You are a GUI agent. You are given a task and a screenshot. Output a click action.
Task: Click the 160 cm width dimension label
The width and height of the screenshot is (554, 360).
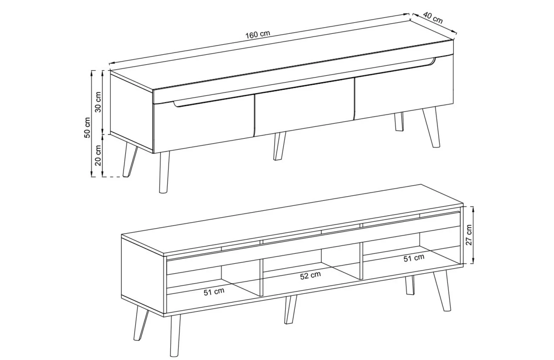[x=257, y=34]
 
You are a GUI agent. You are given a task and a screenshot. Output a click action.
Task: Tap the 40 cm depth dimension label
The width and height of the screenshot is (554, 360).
[x=433, y=17]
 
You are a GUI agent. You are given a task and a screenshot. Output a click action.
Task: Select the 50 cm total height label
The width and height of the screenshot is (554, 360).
[x=87, y=128]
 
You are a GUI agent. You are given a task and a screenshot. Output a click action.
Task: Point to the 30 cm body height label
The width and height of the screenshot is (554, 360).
[x=98, y=102]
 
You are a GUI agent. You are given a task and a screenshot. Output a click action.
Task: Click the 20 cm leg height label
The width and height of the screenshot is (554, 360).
[x=98, y=155]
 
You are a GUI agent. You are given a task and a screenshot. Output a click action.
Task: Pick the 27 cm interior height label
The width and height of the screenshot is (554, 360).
[x=469, y=235]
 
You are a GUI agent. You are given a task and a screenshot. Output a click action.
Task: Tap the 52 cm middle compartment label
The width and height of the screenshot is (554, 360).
[x=310, y=275]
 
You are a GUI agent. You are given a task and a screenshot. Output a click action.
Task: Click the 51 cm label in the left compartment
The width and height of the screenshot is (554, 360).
[x=214, y=292]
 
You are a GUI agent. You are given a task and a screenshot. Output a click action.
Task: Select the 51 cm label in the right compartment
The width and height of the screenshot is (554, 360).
[x=414, y=258]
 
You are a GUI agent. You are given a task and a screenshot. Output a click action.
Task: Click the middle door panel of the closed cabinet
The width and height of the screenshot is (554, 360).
[x=304, y=108]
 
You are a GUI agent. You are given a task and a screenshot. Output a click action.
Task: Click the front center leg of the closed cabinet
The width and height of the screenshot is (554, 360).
[x=279, y=146]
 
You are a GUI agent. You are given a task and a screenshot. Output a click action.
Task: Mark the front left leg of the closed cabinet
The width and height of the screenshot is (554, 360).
[x=164, y=172]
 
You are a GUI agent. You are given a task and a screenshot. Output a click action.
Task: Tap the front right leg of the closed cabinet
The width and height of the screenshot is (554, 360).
[x=431, y=128]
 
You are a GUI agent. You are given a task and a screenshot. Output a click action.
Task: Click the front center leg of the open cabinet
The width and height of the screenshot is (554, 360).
[x=290, y=310]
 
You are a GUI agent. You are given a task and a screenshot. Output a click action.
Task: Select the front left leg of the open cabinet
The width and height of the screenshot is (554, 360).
[x=175, y=335]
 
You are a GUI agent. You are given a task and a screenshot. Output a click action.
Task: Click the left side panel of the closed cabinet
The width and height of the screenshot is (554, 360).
[x=132, y=113]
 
